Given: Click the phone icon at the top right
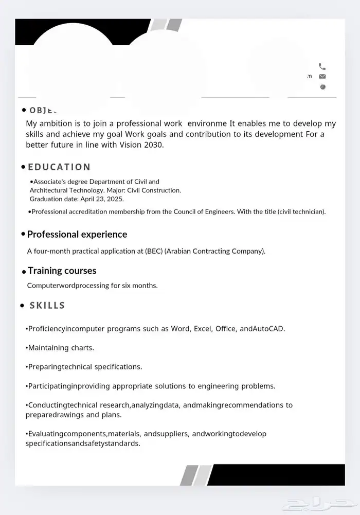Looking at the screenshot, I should click(322, 66).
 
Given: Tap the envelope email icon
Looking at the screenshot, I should click(322, 77).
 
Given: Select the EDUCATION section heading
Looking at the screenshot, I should click(59, 167).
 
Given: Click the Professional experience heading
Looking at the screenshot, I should click(77, 235).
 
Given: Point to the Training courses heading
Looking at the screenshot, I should click(62, 271).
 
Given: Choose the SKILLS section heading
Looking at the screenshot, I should click(47, 306).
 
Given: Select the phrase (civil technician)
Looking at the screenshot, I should click(301, 211).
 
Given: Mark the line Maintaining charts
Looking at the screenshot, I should click(60, 348).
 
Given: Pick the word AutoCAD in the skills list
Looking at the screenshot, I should click(268, 329).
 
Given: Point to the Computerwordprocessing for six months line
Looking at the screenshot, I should click(92, 286).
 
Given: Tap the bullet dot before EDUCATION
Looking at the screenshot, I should click(23, 167).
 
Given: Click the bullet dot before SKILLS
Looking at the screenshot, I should click(22, 306).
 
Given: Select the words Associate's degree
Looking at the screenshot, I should click(60, 182).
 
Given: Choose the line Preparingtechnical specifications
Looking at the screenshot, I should click(84, 367).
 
